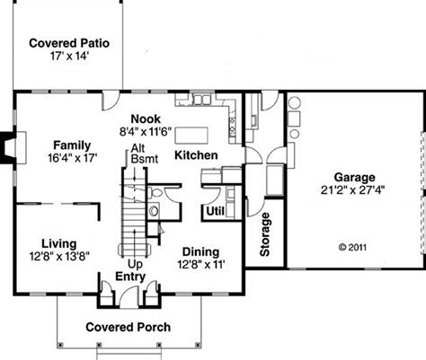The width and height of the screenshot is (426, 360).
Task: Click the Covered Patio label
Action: pos(69,43)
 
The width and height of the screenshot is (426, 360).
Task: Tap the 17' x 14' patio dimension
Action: pos(69,56)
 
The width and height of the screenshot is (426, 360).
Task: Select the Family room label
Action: pos(72,145)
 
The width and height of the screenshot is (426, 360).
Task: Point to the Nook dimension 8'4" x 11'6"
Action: pos(146,131)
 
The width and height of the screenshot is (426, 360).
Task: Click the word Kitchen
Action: pos(196,155)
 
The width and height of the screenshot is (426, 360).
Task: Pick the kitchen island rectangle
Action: pos(191,136)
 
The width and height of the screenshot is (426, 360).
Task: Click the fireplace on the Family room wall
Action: pos(13,147)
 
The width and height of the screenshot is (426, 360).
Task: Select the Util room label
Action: pos(215,211)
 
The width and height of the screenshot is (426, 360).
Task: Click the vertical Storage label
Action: pos(265,234)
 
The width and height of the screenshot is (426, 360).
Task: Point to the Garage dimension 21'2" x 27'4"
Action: pos(352,190)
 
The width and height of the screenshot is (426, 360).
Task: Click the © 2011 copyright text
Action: pos(352,247)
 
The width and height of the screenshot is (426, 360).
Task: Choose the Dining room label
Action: pos(200,251)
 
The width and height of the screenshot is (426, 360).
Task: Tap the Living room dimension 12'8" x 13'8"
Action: pos(59,256)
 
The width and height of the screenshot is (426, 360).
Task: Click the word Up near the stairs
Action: pos(135,265)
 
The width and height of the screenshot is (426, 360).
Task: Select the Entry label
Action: pos(130,277)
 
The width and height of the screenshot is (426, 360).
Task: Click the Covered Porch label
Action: pos(129,327)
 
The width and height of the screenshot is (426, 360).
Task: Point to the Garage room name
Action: pos(354,178)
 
